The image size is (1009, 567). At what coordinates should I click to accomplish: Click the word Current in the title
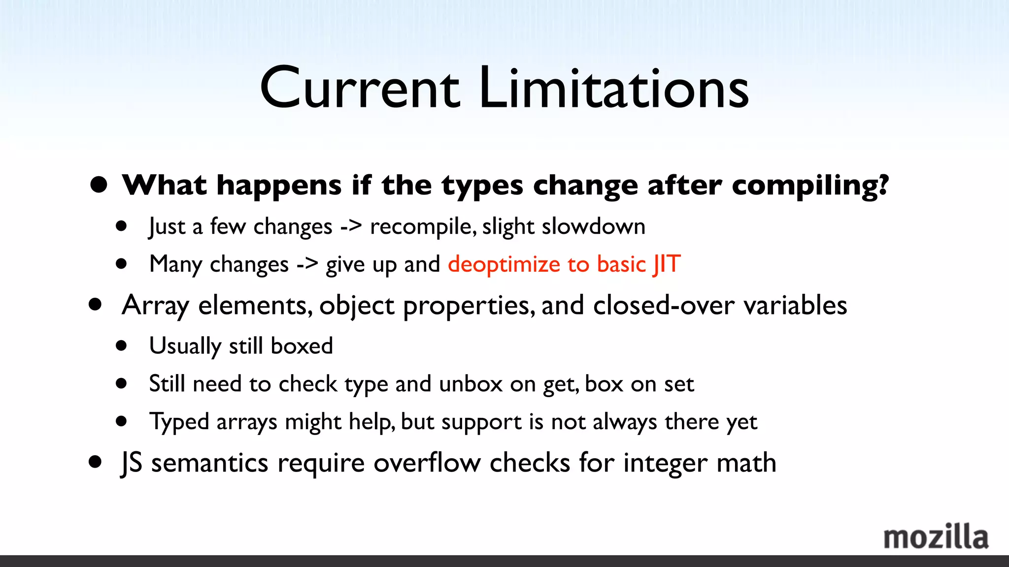360,89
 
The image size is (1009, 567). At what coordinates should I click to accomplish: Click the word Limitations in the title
613,89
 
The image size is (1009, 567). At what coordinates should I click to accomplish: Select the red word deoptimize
504,265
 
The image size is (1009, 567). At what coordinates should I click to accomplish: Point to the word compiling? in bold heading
810,186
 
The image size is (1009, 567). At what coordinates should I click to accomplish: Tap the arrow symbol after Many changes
307,265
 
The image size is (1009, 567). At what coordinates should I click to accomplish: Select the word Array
155,306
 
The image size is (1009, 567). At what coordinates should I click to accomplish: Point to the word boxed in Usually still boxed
302,346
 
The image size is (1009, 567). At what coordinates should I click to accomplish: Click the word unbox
470,384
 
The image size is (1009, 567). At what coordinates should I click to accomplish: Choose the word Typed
179,422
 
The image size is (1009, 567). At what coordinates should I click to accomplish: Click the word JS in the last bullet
132,463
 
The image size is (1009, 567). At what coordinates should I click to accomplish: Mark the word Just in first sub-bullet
167,227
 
